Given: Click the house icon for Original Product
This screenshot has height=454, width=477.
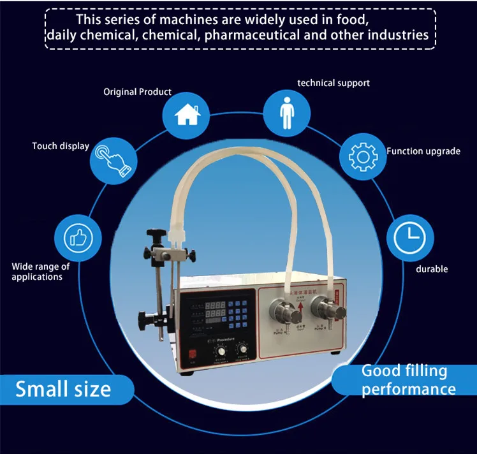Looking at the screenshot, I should coord(185,115).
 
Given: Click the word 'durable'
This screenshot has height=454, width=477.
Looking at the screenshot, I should coord(432,269).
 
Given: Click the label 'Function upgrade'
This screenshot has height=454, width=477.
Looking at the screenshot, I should coord(423,151).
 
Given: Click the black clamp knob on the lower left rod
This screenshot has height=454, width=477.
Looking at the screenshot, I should coord(144,316).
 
